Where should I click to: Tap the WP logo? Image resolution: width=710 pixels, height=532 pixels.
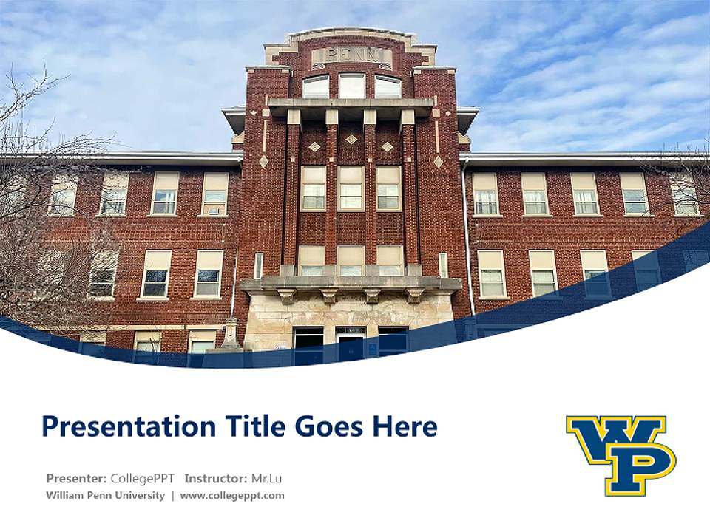(x=621, y=454)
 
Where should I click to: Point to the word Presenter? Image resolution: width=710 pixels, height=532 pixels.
(x=76, y=478)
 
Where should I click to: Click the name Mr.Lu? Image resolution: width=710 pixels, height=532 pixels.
(x=266, y=478)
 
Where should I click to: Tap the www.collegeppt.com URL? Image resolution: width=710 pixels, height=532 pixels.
(x=232, y=495)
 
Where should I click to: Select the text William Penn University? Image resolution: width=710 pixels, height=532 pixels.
(x=105, y=495)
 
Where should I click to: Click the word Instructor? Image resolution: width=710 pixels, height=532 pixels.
(x=215, y=478)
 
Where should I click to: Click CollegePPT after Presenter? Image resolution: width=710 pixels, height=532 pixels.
(x=143, y=478)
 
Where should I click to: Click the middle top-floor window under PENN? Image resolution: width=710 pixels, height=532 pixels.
(x=351, y=86)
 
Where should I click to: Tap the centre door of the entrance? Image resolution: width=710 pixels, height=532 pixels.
(x=351, y=344)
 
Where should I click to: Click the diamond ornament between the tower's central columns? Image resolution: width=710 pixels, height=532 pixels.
(x=351, y=139)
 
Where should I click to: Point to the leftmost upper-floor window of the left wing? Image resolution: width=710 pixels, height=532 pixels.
(x=64, y=196)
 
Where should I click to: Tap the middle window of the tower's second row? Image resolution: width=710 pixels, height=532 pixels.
(x=351, y=187)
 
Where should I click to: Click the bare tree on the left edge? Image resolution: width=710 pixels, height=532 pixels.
(x=30, y=222)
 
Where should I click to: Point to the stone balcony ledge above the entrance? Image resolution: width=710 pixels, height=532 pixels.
(x=351, y=283)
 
